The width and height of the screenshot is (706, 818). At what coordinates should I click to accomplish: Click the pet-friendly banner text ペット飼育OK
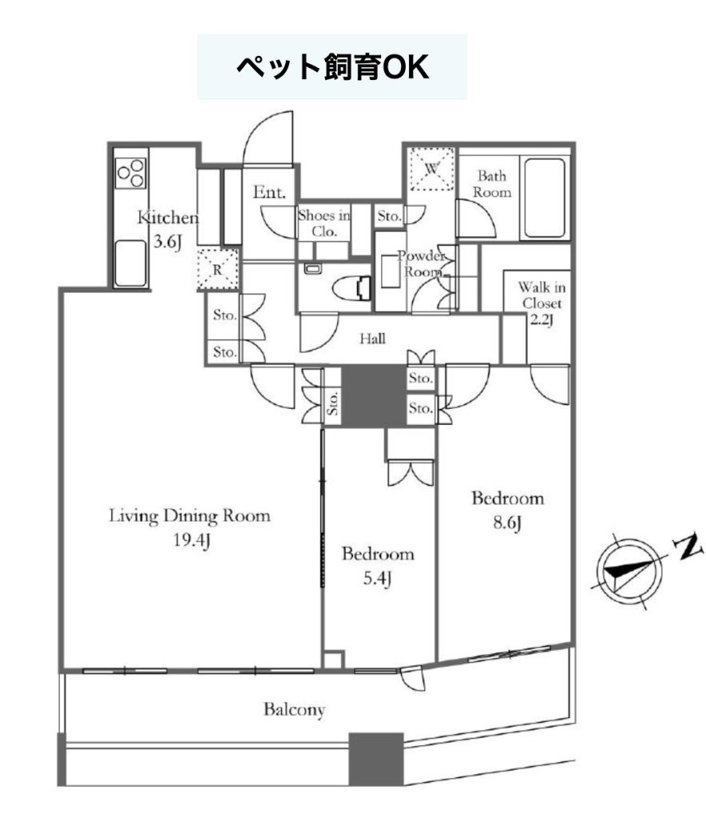click(x=333, y=67)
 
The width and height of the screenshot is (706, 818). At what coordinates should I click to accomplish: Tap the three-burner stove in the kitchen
click(x=130, y=173)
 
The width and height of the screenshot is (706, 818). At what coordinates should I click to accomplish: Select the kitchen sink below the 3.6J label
click(x=130, y=263)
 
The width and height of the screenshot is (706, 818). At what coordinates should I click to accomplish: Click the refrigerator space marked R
click(x=218, y=270)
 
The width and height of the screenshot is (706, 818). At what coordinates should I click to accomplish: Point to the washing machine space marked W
click(x=432, y=169)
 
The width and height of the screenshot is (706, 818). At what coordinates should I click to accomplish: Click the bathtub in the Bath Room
click(x=545, y=198)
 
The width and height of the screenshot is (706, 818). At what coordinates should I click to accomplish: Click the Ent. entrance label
click(x=270, y=192)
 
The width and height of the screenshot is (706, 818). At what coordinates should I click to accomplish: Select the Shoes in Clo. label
click(x=323, y=223)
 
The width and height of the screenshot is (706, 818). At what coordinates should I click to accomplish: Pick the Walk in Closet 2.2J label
click(x=541, y=303)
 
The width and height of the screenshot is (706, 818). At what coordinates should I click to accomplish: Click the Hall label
click(x=372, y=339)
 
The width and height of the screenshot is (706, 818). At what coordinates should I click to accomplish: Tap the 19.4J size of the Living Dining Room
click(x=192, y=540)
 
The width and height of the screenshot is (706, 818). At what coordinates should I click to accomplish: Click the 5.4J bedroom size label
click(x=378, y=578)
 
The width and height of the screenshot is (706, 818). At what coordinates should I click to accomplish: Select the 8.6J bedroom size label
click(x=507, y=522)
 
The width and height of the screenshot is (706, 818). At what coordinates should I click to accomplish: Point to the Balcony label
click(x=294, y=709)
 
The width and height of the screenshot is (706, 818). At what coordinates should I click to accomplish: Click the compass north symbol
click(x=629, y=571)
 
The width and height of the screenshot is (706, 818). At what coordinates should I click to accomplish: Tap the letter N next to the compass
click(x=688, y=546)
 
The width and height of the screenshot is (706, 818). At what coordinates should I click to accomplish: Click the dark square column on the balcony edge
click(x=376, y=759)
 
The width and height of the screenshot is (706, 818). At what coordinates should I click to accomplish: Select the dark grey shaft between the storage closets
click(x=373, y=396)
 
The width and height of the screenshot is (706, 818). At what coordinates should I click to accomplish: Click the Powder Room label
click(x=422, y=264)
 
